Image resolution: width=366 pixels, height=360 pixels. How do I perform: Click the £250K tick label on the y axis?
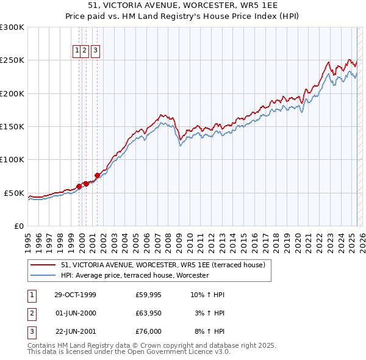coord(12,60)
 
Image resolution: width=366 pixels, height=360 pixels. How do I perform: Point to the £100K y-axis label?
coord(12,160)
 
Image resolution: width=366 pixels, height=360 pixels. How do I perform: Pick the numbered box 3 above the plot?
coord(96,51)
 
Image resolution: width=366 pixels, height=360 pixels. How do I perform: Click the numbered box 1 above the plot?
coord(78,51)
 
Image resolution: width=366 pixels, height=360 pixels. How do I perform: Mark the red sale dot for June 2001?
coord(98,175)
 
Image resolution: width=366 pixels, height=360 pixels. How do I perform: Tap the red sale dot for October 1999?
coord(79,186)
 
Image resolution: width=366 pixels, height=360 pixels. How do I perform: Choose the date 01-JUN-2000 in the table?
coord(76,313)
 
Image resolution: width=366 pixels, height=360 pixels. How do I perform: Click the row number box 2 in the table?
coord(31,313)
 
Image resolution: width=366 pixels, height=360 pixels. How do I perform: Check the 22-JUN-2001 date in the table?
coord(76,331)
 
